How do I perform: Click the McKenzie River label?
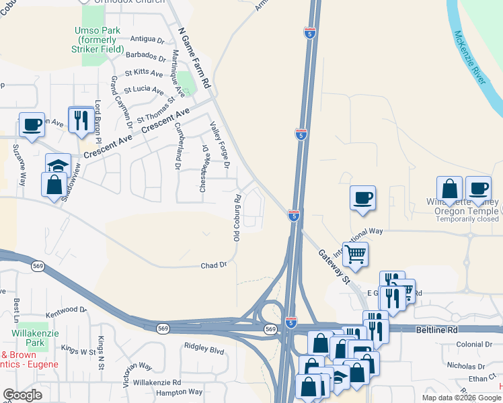469,57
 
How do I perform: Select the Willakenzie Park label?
28,338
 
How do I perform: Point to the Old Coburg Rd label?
237,218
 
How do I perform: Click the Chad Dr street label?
214,266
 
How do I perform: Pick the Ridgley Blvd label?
204,350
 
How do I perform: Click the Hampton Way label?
179,392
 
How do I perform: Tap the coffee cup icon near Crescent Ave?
32,124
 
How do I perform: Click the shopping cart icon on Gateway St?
355,254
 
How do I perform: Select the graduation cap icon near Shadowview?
59,165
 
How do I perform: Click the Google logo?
22,395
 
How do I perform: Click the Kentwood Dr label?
67,312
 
